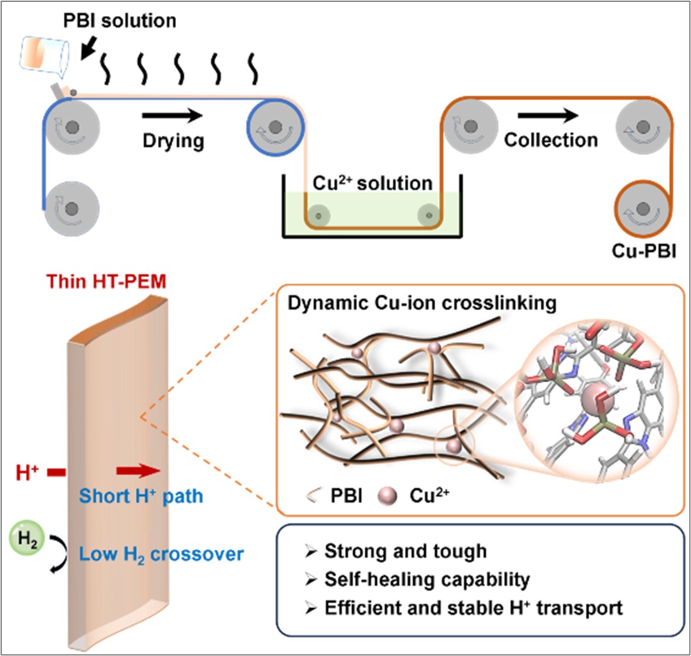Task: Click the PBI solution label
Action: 120,20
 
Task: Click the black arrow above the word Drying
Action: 172,116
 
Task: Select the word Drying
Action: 173,141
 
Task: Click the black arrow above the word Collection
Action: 548,116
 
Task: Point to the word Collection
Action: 551,140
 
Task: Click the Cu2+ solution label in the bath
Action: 372,183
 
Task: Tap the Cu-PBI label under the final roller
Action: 644,251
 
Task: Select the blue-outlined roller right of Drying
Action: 275,127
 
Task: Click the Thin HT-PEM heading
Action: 106,281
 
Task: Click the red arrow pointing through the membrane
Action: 138,471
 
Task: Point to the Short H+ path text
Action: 141,496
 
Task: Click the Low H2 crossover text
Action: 161,554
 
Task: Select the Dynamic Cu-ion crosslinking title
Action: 422,303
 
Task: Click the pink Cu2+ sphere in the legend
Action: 388,496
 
